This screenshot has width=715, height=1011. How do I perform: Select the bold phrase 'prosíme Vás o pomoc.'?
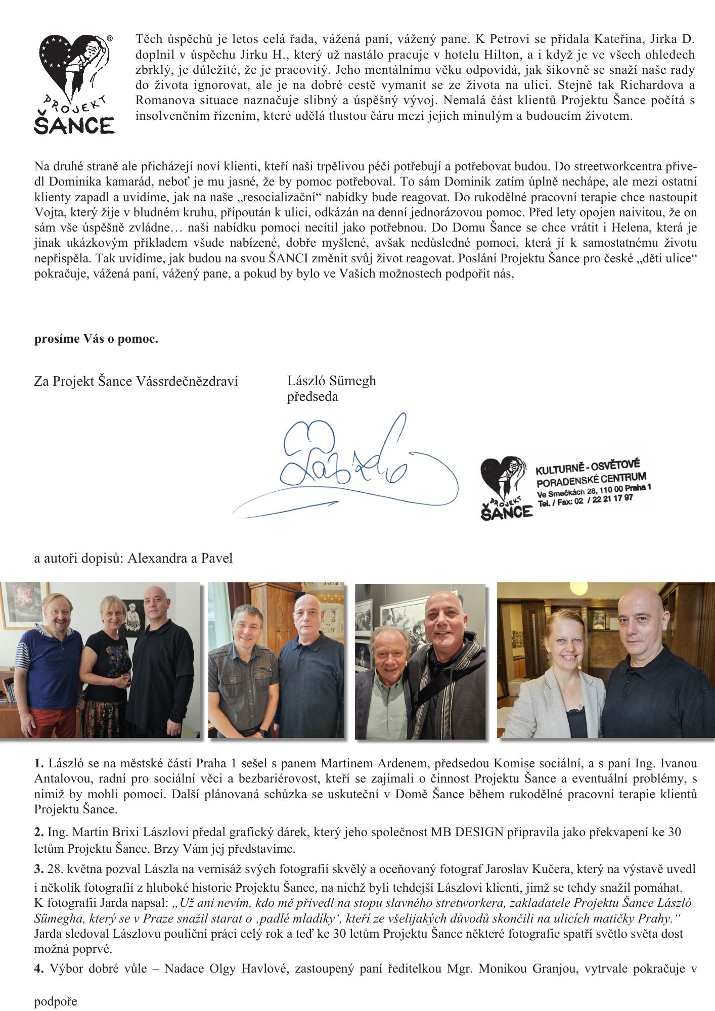click(x=96, y=339)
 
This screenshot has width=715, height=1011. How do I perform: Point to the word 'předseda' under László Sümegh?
click(x=312, y=397)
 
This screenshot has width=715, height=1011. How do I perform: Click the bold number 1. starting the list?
click(x=39, y=763)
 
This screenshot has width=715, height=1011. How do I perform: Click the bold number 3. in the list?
click(x=39, y=869)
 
